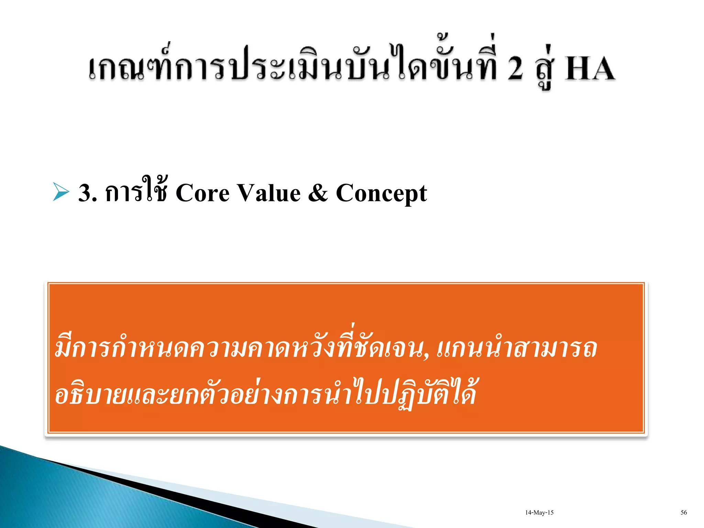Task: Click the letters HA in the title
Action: [x=590, y=69]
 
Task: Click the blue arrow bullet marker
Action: [x=61, y=192]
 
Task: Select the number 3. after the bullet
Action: [x=88, y=193]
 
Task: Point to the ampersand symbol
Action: [x=318, y=193]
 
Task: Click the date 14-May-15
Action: [x=539, y=513]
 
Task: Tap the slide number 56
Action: [x=683, y=513]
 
